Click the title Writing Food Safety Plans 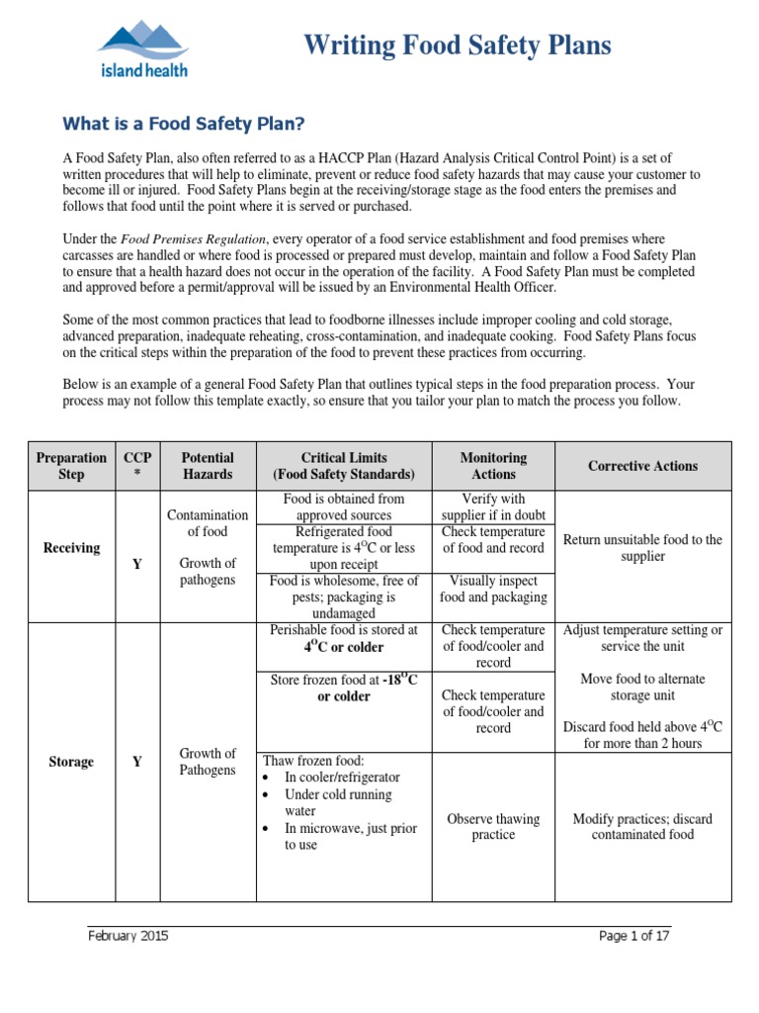tap(457, 46)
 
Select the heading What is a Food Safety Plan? tap(184, 124)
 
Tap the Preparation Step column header tap(71, 466)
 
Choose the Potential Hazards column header tap(208, 466)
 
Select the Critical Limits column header tap(345, 466)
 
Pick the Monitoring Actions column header tap(493, 466)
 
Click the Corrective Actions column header tap(642, 466)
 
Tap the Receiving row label tap(71, 548)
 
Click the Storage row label tap(71, 762)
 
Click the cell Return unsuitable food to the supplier tap(642, 548)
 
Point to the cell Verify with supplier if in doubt tap(493, 506)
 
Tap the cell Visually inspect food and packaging tap(493, 589)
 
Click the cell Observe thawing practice tap(493, 827)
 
